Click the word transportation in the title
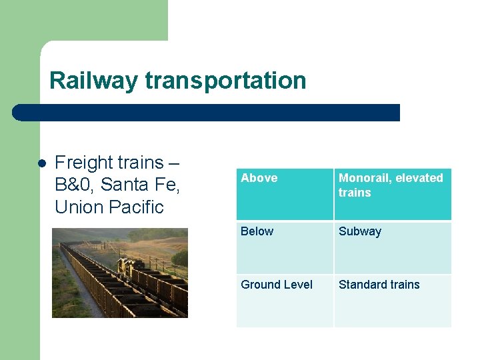coord(225,81)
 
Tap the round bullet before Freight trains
coord(41,163)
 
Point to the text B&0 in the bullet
coord(75,185)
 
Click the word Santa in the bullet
coord(124,185)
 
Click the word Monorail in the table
coord(363,178)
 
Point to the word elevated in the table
coord(419,178)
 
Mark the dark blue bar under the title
coord(207,113)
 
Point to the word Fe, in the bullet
coord(164,185)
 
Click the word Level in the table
coord(297,285)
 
